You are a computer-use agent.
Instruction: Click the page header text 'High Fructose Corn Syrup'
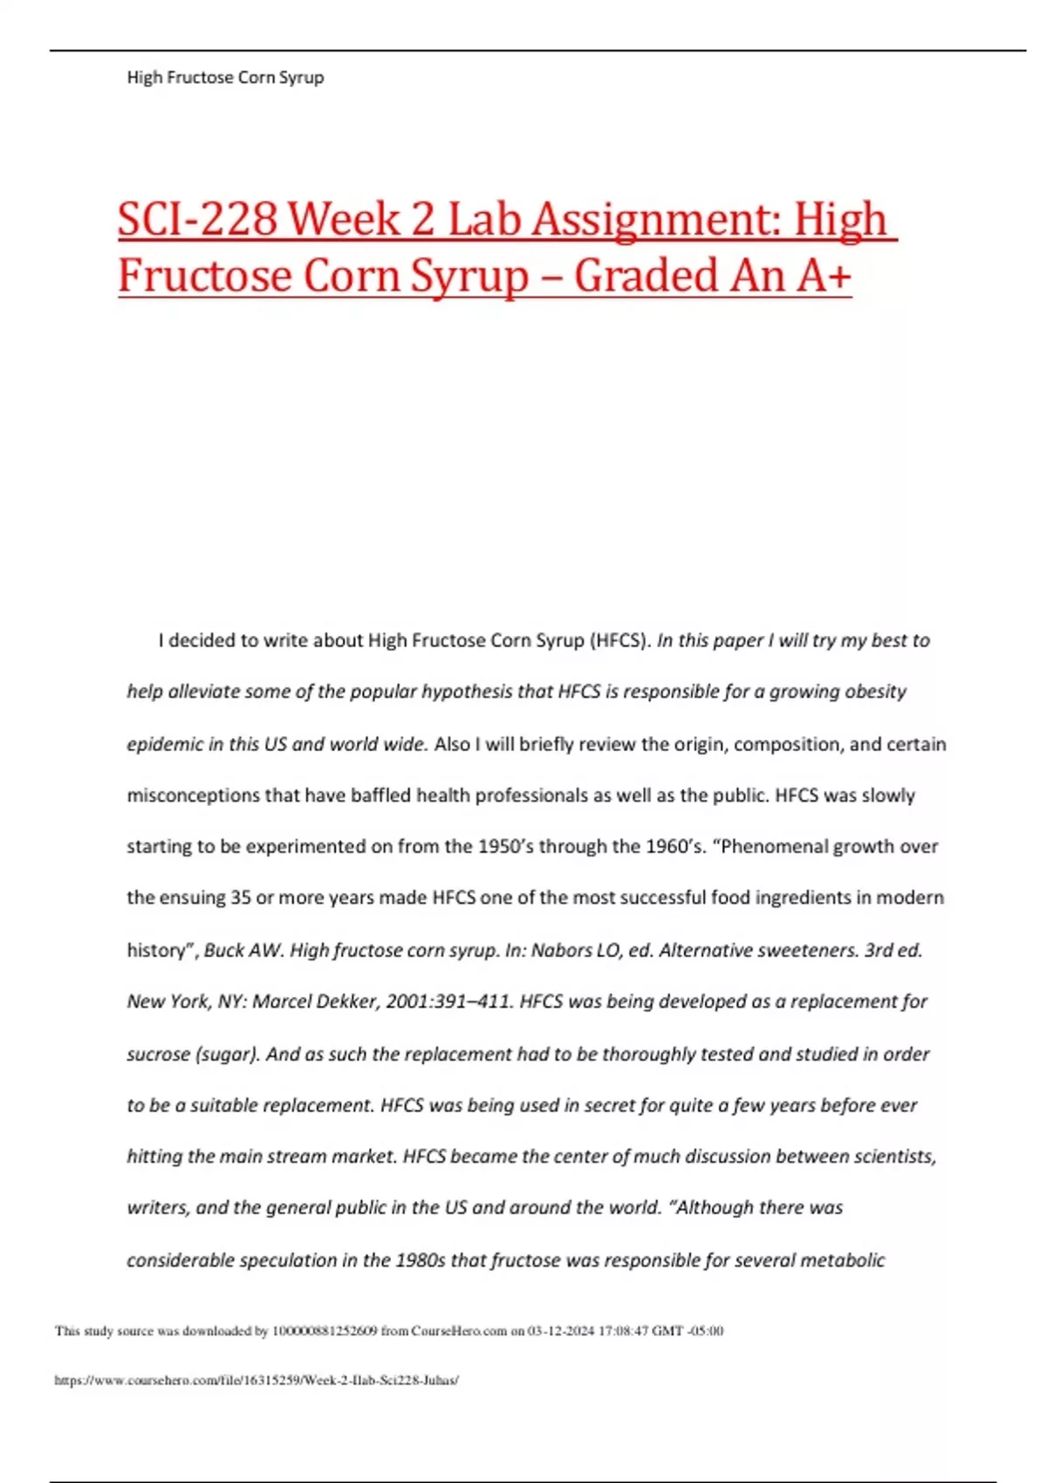(225, 78)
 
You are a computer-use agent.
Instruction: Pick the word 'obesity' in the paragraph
(874, 692)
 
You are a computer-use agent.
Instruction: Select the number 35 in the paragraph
(241, 898)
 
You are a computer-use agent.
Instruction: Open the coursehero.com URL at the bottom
(257, 1380)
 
